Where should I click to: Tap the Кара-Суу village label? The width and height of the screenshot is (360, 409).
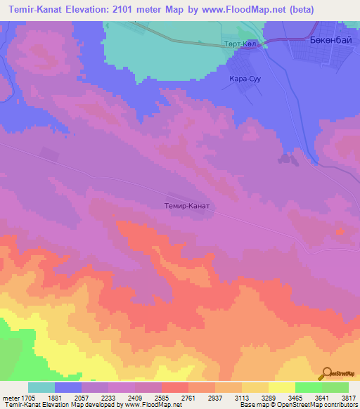[245, 79]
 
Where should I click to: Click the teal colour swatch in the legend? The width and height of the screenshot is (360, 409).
[41, 387]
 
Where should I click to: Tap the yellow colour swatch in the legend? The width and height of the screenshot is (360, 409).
[281, 387]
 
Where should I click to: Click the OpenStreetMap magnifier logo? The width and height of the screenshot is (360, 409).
[325, 373]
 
